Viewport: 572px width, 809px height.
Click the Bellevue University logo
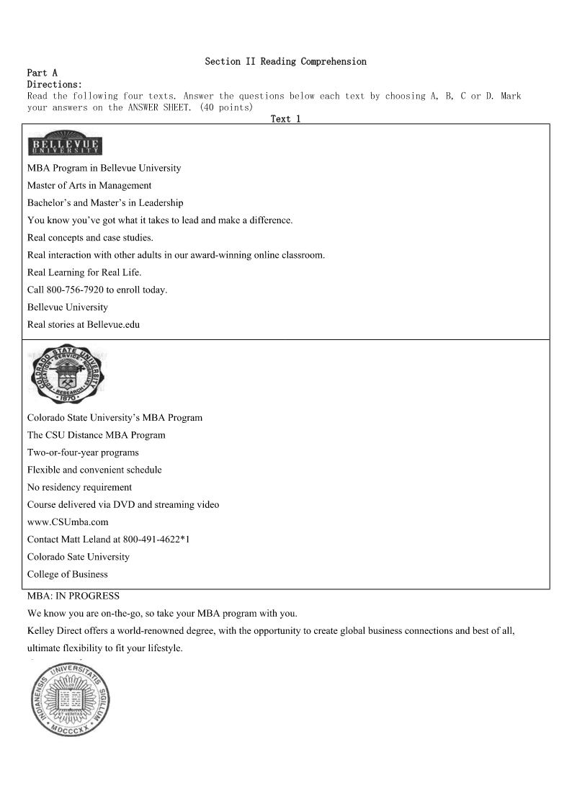pyautogui.click(x=65, y=144)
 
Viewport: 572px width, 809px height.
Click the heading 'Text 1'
pyautogui.click(x=285, y=119)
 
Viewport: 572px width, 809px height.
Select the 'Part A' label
pyautogui.click(x=42, y=73)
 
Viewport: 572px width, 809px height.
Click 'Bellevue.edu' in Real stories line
pyautogui.click(x=113, y=324)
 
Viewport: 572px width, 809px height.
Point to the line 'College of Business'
pyautogui.click(x=67, y=574)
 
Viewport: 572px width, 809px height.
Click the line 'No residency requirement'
pyautogui.click(x=79, y=487)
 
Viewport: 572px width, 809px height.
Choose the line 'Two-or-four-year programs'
pyautogui.click(x=83, y=452)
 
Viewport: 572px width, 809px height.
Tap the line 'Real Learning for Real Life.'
pyautogui.click(x=84, y=272)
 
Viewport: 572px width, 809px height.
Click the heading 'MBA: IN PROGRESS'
pyautogui.click(x=73, y=596)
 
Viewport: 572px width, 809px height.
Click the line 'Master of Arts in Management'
pyautogui.click(x=89, y=185)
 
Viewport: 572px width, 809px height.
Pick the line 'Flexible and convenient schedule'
pyautogui.click(x=94, y=470)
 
